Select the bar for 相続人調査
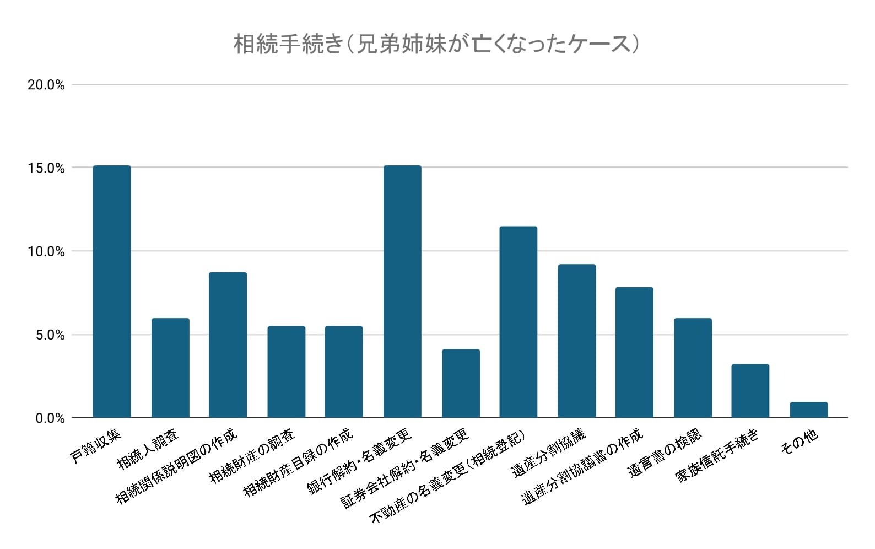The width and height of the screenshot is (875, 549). tap(170, 368)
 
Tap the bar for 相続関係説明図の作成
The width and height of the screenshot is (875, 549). tap(228, 345)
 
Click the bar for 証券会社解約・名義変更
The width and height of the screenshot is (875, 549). tap(461, 383)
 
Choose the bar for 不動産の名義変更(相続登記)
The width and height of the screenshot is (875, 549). tap(518, 322)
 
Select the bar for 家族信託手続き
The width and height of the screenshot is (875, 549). tap(750, 391)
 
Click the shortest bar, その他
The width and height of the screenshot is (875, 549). tap(808, 410)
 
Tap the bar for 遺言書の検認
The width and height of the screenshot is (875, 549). tap(693, 368)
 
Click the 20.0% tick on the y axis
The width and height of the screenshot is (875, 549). tap(46, 85)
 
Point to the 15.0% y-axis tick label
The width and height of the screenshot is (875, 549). tap(46, 168)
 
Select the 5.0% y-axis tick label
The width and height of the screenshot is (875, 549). tap(50, 335)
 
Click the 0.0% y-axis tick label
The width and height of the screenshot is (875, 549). tap(50, 418)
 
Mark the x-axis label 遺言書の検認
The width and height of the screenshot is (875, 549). tap(666, 453)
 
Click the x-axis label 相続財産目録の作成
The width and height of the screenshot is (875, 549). tap(298, 462)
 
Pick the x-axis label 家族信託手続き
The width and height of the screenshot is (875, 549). tap(717, 455)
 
